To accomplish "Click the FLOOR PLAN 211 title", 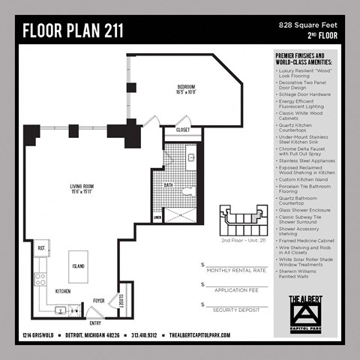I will (73, 31).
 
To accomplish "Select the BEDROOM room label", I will (186, 92).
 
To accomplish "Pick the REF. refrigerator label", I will (43, 247).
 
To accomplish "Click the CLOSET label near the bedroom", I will (183, 130).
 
